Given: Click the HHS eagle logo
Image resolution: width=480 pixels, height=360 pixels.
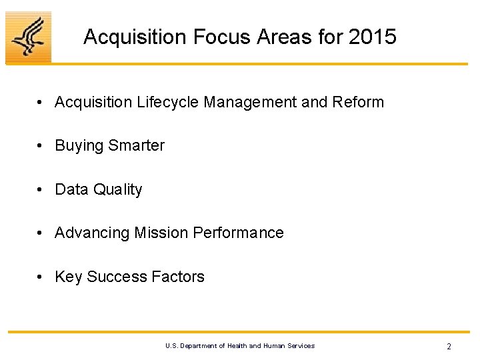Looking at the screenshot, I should [28, 37].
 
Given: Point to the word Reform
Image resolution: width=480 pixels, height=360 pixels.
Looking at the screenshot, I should [358, 102].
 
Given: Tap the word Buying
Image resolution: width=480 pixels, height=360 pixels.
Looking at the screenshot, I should [77, 146].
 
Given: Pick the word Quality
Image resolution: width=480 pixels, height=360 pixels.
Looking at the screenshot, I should [118, 190].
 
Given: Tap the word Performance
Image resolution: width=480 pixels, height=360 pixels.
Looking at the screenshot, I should [238, 233].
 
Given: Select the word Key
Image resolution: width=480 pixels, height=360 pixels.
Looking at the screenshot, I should [69, 277].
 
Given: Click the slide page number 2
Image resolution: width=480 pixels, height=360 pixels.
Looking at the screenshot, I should [449, 347].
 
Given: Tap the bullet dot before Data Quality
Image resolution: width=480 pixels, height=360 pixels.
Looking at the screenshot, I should [41, 190].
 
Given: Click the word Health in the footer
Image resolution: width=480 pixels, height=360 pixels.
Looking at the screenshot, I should [237, 345].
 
